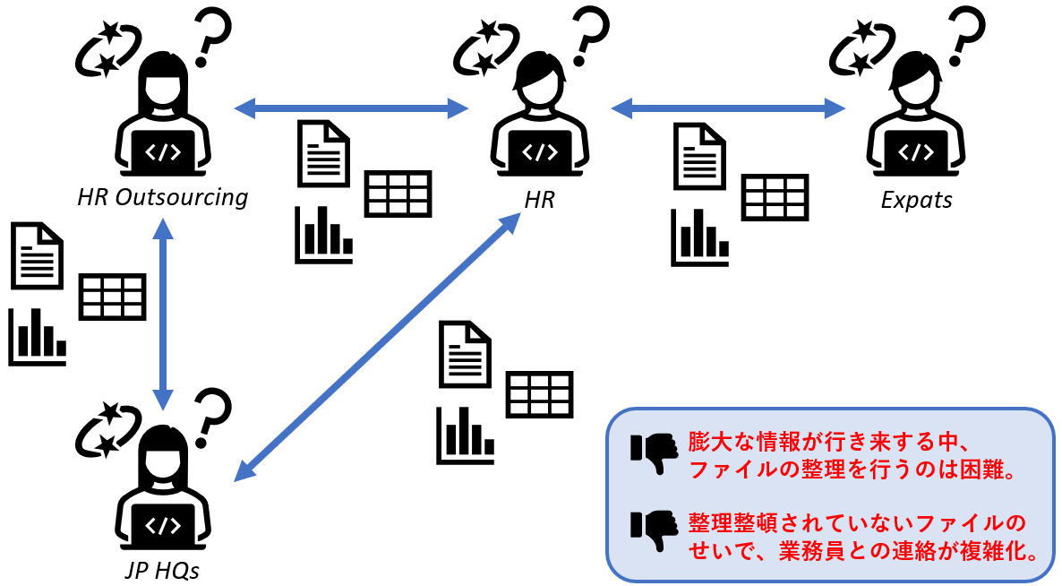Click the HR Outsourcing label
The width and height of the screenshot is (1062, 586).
click(x=163, y=197)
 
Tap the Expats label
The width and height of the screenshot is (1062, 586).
click(x=916, y=200)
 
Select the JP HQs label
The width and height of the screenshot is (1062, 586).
click(x=163, y=571)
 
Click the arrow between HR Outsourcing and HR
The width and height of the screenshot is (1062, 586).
click(x=351, y=108)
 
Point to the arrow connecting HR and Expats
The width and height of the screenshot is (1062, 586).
click(x=728, y=108)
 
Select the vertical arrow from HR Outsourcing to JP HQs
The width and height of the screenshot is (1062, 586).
click(x=163, y=315)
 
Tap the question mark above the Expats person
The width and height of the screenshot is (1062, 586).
click(x=965, y=35)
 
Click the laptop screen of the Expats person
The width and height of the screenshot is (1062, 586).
click(x=916, y=151)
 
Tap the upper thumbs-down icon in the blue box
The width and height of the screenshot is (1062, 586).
click(x=655, y=452)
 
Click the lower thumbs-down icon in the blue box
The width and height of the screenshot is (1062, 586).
click(x=655, y=530)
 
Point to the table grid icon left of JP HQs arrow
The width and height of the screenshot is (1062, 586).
click(x=113, y=297)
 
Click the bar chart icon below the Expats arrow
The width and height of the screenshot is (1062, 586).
click(x=700, y=237)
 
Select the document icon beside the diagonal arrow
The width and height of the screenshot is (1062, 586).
click(x=465, y=354)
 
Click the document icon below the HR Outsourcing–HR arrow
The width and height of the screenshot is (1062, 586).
click(x=324, y=154)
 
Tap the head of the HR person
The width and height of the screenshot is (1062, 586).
click(x=540, y=79)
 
